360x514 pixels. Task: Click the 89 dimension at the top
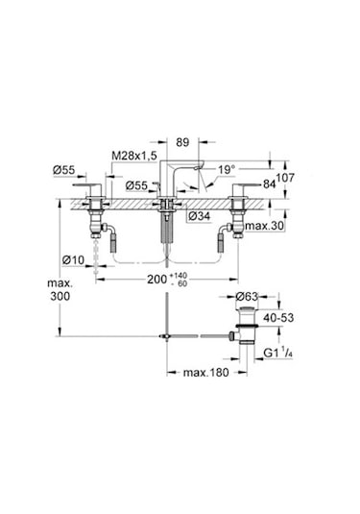click(182, 142)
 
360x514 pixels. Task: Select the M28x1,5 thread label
click(134, 156)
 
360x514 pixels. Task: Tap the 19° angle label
click(227, 170)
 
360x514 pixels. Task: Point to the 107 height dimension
click(285, 178)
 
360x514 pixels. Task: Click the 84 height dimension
click(269, 184)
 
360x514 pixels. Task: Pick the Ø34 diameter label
click(200, 216)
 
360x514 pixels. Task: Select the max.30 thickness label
click(265, 226)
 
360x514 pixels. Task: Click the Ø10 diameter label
click(73, 260)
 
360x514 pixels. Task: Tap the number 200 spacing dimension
click(156, 280)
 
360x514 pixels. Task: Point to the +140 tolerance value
click(178, 276)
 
